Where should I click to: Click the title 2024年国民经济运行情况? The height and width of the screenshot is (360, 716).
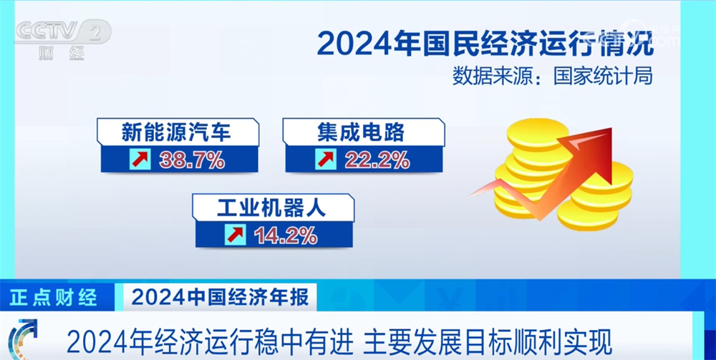click(x=485, y=44)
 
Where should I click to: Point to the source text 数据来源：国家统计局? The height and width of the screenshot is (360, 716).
click(x=553, y=76)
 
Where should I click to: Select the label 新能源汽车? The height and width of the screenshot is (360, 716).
click(x=176, y=132)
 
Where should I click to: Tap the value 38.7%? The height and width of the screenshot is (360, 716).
click(x=192, y=160)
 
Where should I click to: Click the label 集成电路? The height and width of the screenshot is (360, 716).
click(x=361, y=132)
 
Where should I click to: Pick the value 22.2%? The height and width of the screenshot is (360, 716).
click(x=377, y=160)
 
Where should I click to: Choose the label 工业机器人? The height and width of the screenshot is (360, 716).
click(x=271, y=208)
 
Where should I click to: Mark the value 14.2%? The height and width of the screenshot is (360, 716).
click(x=286, y=235)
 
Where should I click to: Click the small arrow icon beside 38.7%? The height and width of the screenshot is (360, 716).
click(x=140, y=160)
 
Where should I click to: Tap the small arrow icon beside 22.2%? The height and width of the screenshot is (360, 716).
click(x=326, y=160)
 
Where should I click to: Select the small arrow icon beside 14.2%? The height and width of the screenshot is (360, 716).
click(x=236, y=235)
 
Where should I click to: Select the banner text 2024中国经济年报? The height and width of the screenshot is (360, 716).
click(x=220, y=297)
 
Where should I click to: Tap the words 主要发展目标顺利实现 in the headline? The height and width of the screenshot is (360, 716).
click(x=487, y=343)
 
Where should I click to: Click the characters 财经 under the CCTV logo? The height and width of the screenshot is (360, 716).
click(x=62, y=54)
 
